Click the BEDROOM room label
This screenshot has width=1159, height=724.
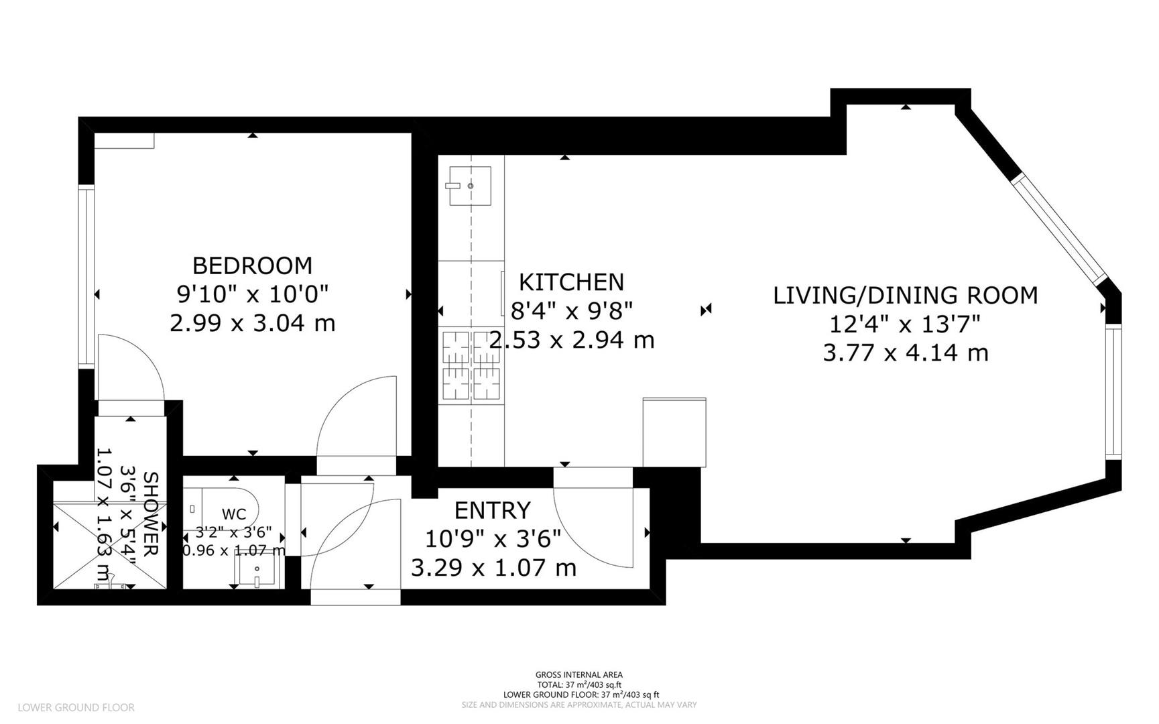(252, 266)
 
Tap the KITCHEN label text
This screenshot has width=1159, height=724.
(572, 282)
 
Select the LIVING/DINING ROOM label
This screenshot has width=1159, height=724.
(905, 296)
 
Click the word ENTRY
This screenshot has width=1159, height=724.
(492, 511)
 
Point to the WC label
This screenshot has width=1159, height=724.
(233, 515)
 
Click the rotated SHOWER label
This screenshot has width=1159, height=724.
(151, 514)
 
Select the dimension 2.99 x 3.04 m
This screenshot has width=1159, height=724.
(252, 324)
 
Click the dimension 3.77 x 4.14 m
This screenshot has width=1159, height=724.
(905, 353)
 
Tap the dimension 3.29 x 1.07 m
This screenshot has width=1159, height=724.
(493, 568)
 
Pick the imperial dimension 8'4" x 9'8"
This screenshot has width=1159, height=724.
(572, 311)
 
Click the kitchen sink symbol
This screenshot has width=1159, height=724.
(470, 186)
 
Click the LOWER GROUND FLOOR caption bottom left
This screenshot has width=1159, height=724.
(76, 707)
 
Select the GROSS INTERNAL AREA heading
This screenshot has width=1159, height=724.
(578, 675)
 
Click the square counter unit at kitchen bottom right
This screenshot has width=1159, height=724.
(674, 432)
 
